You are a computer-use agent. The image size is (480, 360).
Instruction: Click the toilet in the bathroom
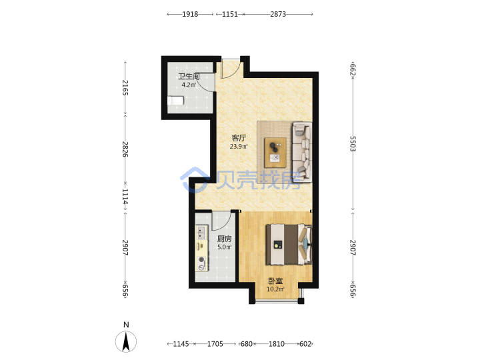(x=175, y=101)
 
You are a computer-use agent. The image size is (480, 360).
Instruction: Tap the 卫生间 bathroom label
(x=189, y=76)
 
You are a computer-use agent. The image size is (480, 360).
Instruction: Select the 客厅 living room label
(x=239, y=138)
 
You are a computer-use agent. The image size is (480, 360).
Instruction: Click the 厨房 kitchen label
(x=225, y=239)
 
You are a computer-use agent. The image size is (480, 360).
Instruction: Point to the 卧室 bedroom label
(x=275, y=281)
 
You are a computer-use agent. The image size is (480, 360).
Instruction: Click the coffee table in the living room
(x=275, y=153)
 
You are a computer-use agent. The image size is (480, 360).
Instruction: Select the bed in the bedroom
(x=289, y=244)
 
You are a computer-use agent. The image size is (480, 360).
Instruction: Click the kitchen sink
(x=201, y=233)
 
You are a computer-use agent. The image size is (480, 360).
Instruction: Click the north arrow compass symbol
(x=126, y=341)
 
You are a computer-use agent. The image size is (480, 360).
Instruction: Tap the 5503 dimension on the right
(x=353, y=144)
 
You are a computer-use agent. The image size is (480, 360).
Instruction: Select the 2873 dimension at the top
(x=278, y=14)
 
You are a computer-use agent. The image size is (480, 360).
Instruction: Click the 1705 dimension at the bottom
(x=215, y=344)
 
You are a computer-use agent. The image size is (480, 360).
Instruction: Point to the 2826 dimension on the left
(x=125, y=149)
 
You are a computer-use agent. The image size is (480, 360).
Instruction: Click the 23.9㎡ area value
(x=239, y=147)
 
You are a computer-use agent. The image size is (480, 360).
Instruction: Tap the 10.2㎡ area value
(x=275, y=289)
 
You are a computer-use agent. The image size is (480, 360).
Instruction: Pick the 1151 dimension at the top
(x=230, y=14)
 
